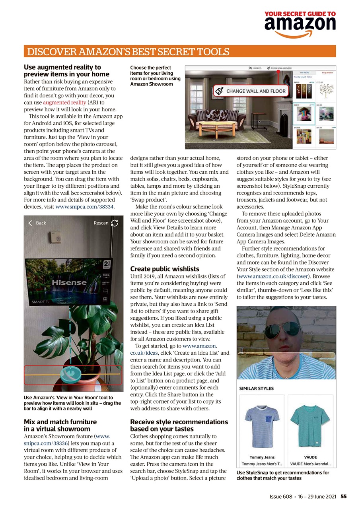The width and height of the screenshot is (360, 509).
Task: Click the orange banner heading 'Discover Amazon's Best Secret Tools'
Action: [x=127, y=52]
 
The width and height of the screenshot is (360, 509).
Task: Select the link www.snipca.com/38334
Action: [x=84, y=207]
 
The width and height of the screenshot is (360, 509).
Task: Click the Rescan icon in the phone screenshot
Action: [x=115, y=223]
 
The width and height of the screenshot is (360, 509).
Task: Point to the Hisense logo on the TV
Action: [x=68, y=282]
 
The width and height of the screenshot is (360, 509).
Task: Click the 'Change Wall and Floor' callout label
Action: [x=251, y=91]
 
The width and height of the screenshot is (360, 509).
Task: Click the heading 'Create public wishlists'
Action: [x=165, y=269]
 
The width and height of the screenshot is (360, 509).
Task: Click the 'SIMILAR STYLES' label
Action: [x=256, y=389]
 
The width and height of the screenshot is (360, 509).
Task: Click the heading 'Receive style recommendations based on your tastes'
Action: [x=179, y=425]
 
